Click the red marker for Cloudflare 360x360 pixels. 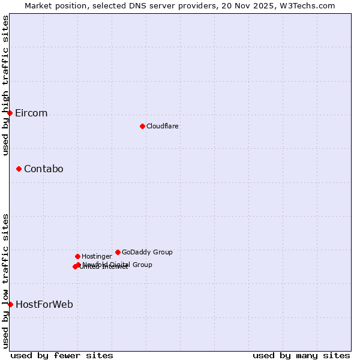pos(142,126)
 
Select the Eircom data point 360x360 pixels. pos(10,113)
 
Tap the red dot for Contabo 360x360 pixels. pos(19,169)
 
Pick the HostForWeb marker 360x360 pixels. pos(10,304)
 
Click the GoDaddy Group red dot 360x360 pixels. pos(118,252)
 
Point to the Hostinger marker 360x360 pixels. pos(77,256)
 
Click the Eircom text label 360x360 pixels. pos(31,113)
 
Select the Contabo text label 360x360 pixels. pos(43,169)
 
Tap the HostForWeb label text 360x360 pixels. pos(44,305)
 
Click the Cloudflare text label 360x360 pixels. pos(162,127)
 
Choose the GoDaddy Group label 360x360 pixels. pos(147,253)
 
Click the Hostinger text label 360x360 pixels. pos(97,257)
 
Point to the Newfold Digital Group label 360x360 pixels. pos(118,265)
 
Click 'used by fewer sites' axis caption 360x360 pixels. pos(62,355)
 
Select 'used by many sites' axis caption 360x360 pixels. pos(301,355)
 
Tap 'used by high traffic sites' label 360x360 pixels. pos(5,85)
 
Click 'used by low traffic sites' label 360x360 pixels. pos(5,281)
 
